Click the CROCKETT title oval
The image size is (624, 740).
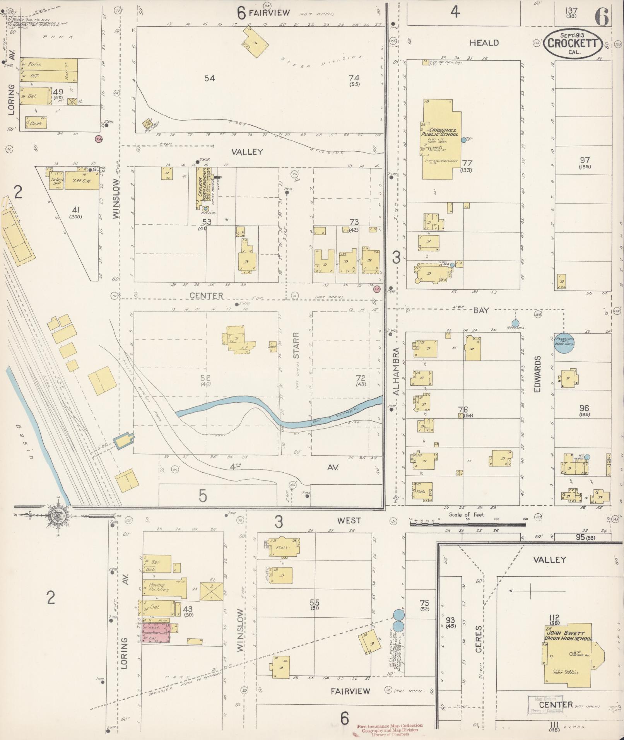[x=573, y=44]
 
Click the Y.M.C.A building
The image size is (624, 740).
[x=82, y=181]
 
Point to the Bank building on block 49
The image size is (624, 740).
[x=36, y=123]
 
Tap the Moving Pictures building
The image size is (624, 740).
[x=164, y=588]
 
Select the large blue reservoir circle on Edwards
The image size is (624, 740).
[x=564, y=343]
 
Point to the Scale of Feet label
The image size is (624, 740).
[x=467, y=514]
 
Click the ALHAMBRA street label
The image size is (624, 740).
[x=396, y=371]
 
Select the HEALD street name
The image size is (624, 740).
[x=484, y=43]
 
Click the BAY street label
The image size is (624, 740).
[x=481, y=310]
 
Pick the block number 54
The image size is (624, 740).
[x=209, y=79]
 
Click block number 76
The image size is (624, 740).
[x=463, y=409]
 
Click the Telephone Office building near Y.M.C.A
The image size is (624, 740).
[x=56, y=181]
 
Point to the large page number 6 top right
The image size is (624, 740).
[x=602, y=17]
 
